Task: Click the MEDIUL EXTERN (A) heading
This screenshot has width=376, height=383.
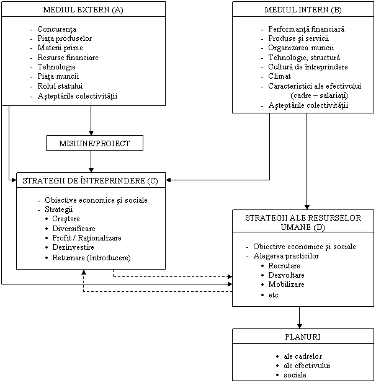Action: [83, 10]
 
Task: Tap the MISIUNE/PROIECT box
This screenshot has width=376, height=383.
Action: [94, 143]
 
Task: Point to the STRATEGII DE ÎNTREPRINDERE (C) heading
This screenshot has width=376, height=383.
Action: [91, 181]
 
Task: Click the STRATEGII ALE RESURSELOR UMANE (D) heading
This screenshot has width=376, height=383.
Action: [303, 223]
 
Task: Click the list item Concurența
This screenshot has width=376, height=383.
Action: [56, 29]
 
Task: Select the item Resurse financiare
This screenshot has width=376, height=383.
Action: [68, 58]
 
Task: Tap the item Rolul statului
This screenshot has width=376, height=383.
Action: [60, 86]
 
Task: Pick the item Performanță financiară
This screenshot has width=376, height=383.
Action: [307, 29]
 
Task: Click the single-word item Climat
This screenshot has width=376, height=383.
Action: [280, 76]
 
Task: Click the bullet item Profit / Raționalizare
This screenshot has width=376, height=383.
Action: [87, 238]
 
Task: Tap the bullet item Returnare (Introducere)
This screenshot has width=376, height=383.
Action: [91, 257]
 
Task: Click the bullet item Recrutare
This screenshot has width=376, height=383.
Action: [284, 266]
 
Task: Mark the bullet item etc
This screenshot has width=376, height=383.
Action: [274, 295]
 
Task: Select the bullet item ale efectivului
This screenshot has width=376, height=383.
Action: [307, 366]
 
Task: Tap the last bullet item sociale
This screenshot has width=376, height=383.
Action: [295, 375]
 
